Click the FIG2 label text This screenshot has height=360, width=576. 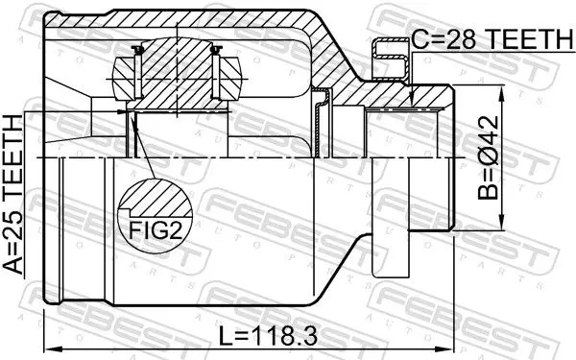pyautogui.click(x=156, y=230)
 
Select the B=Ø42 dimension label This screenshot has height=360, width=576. pyautogui.click(x=489, y=157)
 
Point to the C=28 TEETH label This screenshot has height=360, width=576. pyautogui.click(x=492, y=39)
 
